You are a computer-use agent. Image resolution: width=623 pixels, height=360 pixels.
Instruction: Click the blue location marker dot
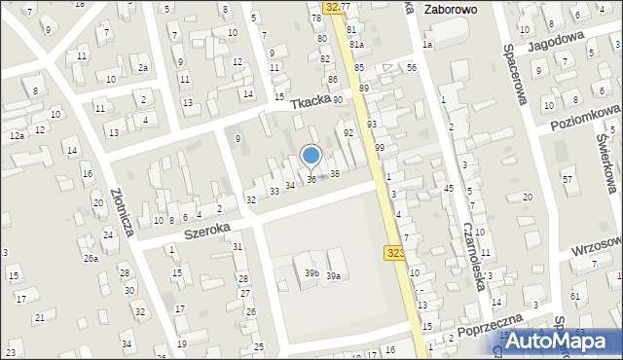click(311, 155)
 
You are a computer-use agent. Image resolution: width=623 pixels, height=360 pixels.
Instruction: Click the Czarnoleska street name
click(474, 257)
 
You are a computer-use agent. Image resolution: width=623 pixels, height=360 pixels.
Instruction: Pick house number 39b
click(311, 273)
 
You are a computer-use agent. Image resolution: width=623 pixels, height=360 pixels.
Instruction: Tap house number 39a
click(333, 276)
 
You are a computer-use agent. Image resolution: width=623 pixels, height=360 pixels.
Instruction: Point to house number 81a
click(357, 45)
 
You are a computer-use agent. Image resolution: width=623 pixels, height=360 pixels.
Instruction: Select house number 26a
click(91, 258)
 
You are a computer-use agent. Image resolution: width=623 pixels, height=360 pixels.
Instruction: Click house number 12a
click(17, 136)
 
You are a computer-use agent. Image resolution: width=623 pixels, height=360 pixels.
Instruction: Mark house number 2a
click(143, 67)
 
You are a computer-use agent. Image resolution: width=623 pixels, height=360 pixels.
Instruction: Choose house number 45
click(449, 188)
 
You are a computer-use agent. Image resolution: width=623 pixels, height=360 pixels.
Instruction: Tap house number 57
click(568, 180)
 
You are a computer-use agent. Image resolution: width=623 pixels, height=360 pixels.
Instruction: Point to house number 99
click(379, 147)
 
